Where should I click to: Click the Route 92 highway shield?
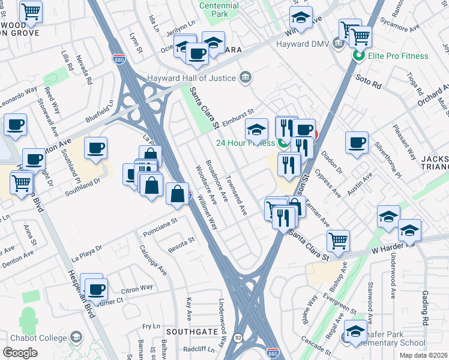[238, 339]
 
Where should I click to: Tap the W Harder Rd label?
[393, 244]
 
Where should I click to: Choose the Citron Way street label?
[137, 289]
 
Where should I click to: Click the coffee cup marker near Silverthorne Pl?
[357, 142]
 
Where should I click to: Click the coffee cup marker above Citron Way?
[96, 289]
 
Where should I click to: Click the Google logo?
[20, 353]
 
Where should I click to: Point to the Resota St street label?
[182, 241]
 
